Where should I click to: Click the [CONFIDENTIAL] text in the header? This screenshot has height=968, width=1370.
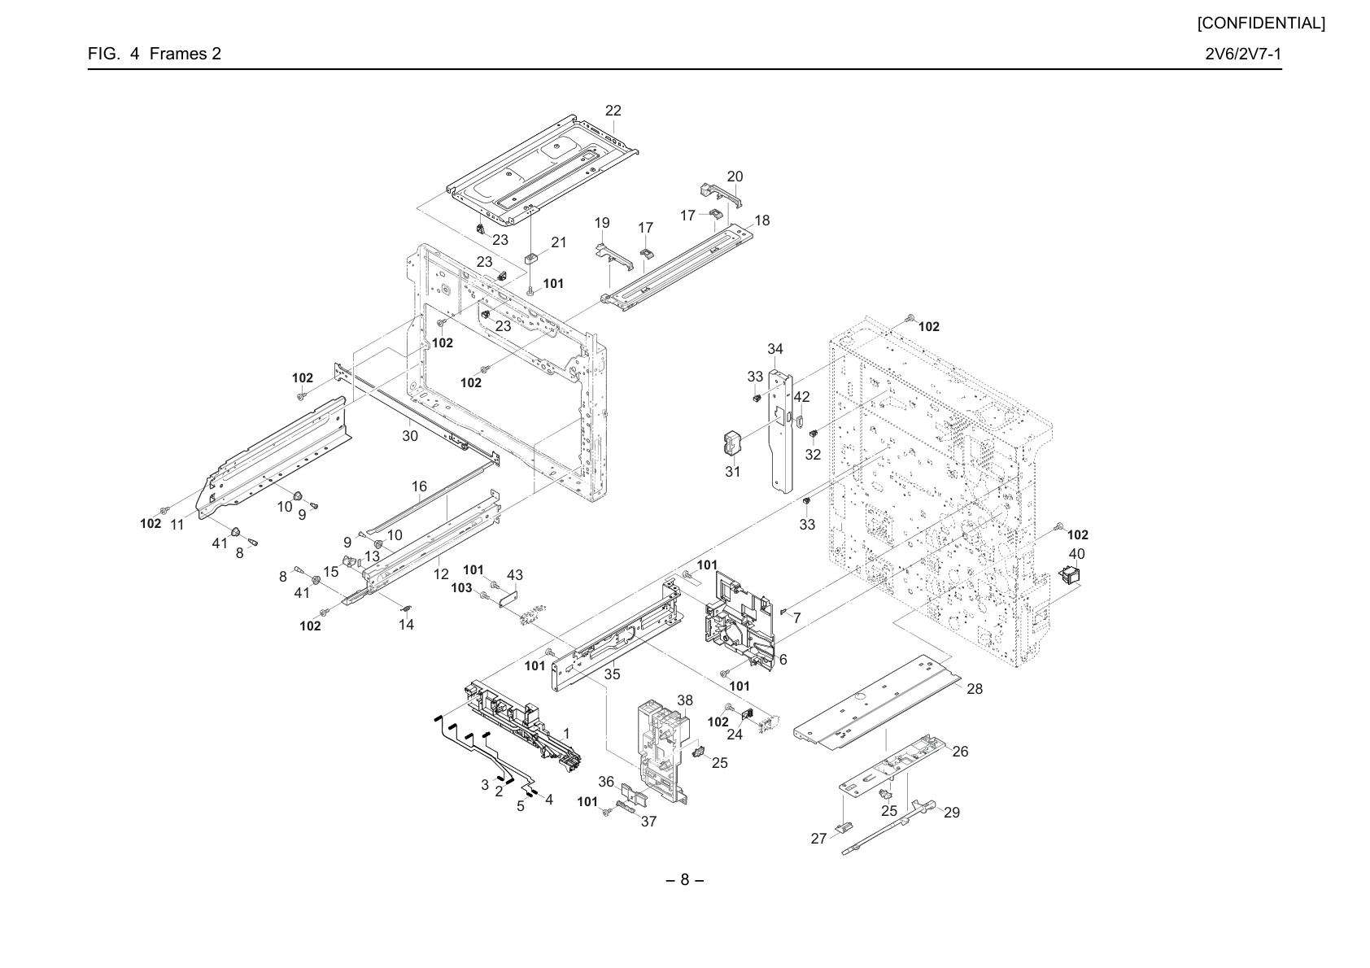coord(1261,24)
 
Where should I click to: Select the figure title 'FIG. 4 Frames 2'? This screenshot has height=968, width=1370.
coord(154,54)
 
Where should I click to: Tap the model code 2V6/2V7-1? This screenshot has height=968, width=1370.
coord(1243,54)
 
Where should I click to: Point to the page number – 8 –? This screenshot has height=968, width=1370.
coord(684,880)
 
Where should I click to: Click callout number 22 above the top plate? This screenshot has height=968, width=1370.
coord(613,111)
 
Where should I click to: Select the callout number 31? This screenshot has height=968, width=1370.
coord(733,472)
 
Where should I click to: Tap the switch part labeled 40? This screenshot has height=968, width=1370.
coord(1069,575)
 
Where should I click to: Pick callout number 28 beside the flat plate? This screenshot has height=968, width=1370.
coord(975,689)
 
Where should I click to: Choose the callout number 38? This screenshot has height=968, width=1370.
coord(685,700)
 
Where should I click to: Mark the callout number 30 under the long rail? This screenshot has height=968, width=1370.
coord(410,436)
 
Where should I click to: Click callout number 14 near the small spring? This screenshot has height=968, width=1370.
coord(406,625)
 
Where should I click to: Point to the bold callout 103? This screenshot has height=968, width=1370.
coord(462,587)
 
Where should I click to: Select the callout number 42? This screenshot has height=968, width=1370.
coord(802,397)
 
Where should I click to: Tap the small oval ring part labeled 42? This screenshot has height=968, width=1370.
coord(800,421)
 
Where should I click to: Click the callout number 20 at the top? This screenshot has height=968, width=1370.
coord(735,177)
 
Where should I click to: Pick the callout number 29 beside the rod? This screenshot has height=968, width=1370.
coord(952,813)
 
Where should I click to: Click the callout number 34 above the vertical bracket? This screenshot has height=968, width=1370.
coord(775,349)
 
